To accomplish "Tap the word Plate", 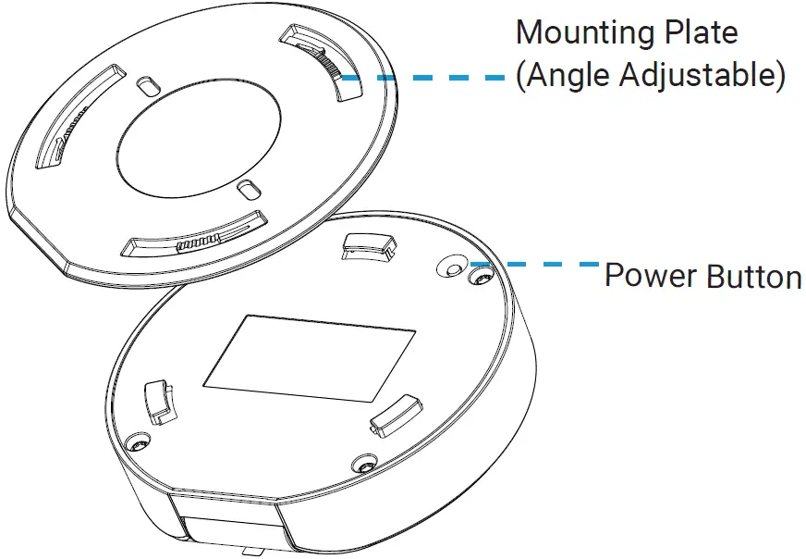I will point(706,33).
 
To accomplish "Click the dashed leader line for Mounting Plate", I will point(425,79).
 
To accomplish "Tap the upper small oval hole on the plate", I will point(147,85).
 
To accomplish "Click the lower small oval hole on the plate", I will point(248,189).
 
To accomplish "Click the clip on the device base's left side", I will point(159,400).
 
